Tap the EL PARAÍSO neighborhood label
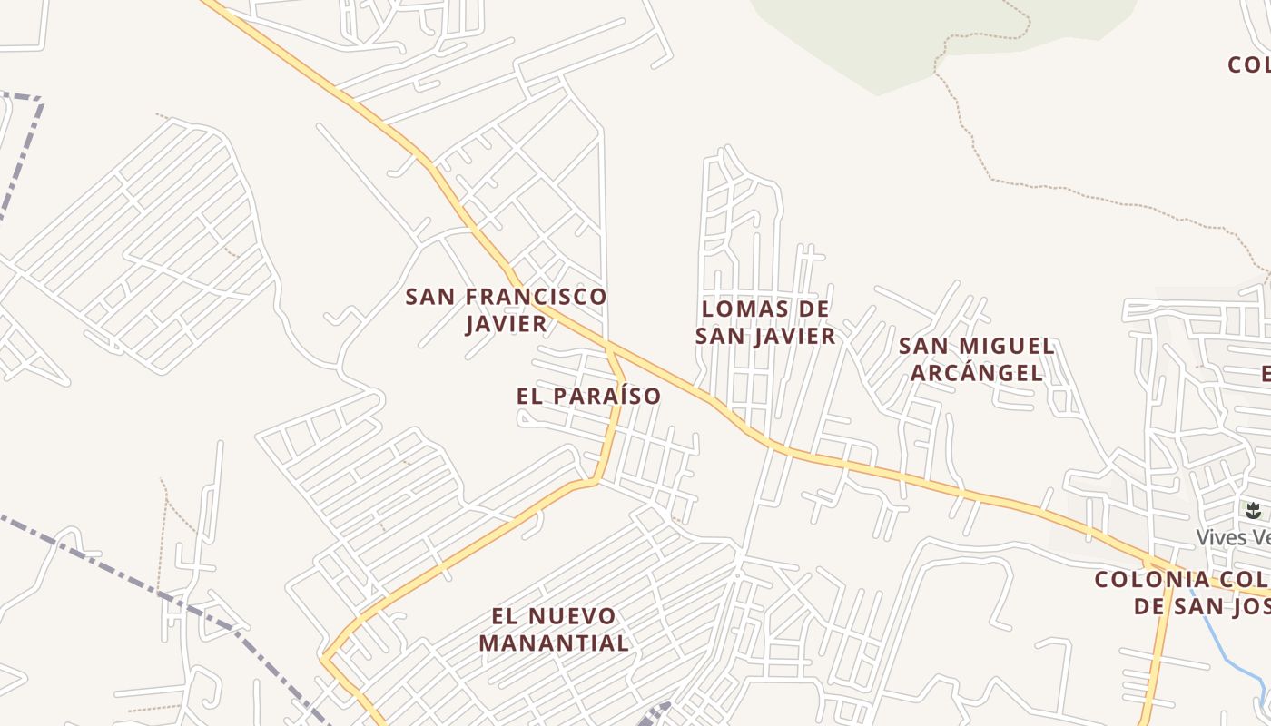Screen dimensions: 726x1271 588,397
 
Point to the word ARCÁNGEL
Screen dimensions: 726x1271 977,373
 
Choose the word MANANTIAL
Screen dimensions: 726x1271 554,643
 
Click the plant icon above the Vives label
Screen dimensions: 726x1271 1253,511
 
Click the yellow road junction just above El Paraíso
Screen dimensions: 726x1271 609,348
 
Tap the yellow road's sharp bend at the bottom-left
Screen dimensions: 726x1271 324,657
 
